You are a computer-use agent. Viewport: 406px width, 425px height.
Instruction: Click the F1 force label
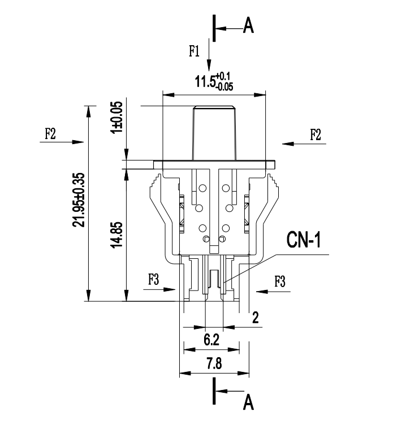195,51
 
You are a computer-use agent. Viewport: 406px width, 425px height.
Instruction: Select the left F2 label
50,134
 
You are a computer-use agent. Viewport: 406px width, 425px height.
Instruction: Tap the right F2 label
315,135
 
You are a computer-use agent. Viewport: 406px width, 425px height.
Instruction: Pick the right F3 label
279,281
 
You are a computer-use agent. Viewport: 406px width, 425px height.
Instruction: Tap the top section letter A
248,25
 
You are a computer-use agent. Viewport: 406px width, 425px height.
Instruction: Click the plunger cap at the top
214,133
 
